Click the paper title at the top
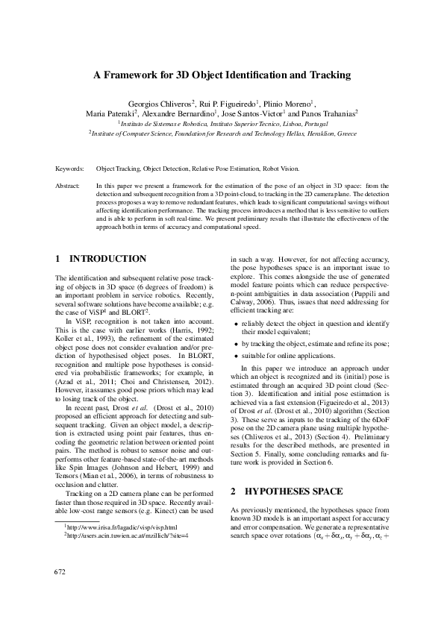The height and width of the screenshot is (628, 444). (x=222, y=75)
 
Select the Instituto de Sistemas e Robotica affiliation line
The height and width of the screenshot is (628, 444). (x=222, y=124)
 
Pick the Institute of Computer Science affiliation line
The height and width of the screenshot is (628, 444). (x=222, y=134)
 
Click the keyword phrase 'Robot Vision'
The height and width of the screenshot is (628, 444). (x=282, y=170)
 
